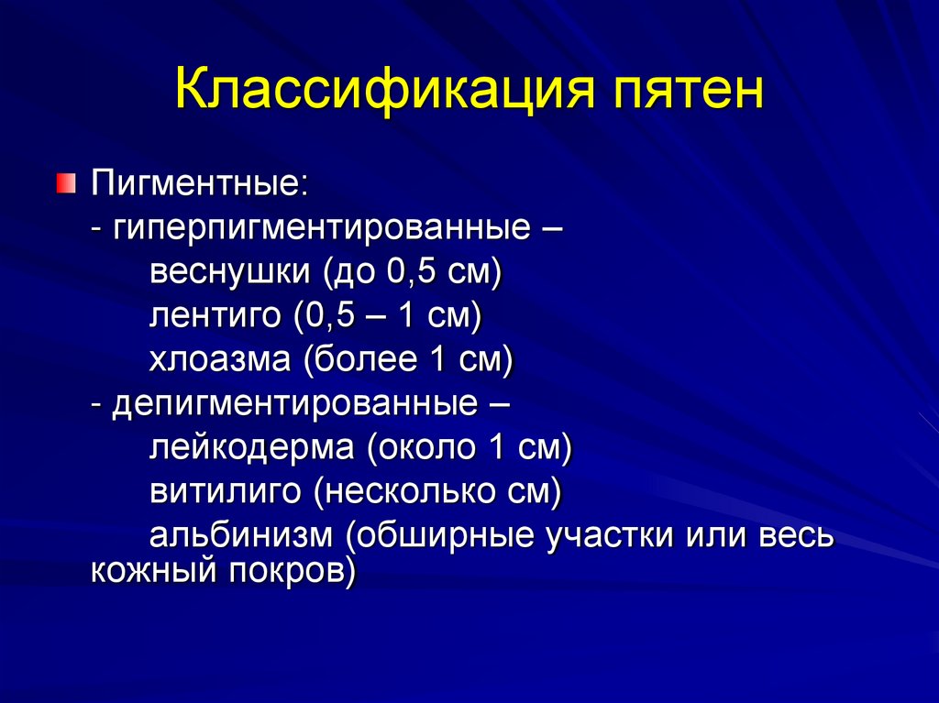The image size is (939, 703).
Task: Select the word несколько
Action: tap(409, 491)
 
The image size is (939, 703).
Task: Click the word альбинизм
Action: tap(240, 535)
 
